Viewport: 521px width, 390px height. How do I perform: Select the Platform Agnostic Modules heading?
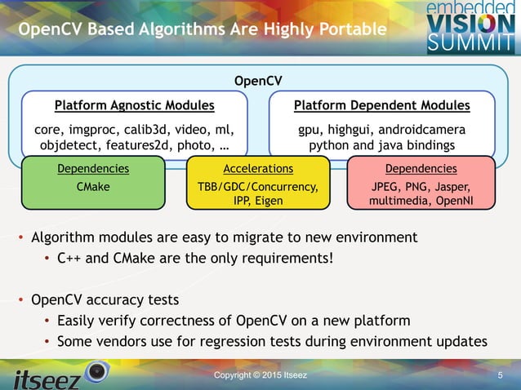pyautogui.click(x=135, y=105)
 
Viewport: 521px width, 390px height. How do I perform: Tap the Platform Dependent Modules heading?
pyautogui.click(x=382, y=105)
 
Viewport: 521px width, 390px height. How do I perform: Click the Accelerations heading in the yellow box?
pyautogui.click(x=258, y=169)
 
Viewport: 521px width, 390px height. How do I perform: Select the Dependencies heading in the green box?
pyautogui.click(x=93, y=169)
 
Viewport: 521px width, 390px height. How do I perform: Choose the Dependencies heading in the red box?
pyautogui.click(x=420, y=169)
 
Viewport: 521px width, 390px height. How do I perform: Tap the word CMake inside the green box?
pyautogui.click(x=92, y=185)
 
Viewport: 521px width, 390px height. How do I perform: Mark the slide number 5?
pyautogui.click(x=500, y=374)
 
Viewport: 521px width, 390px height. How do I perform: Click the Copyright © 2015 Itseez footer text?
pyautogui.click(x=260, y=374)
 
